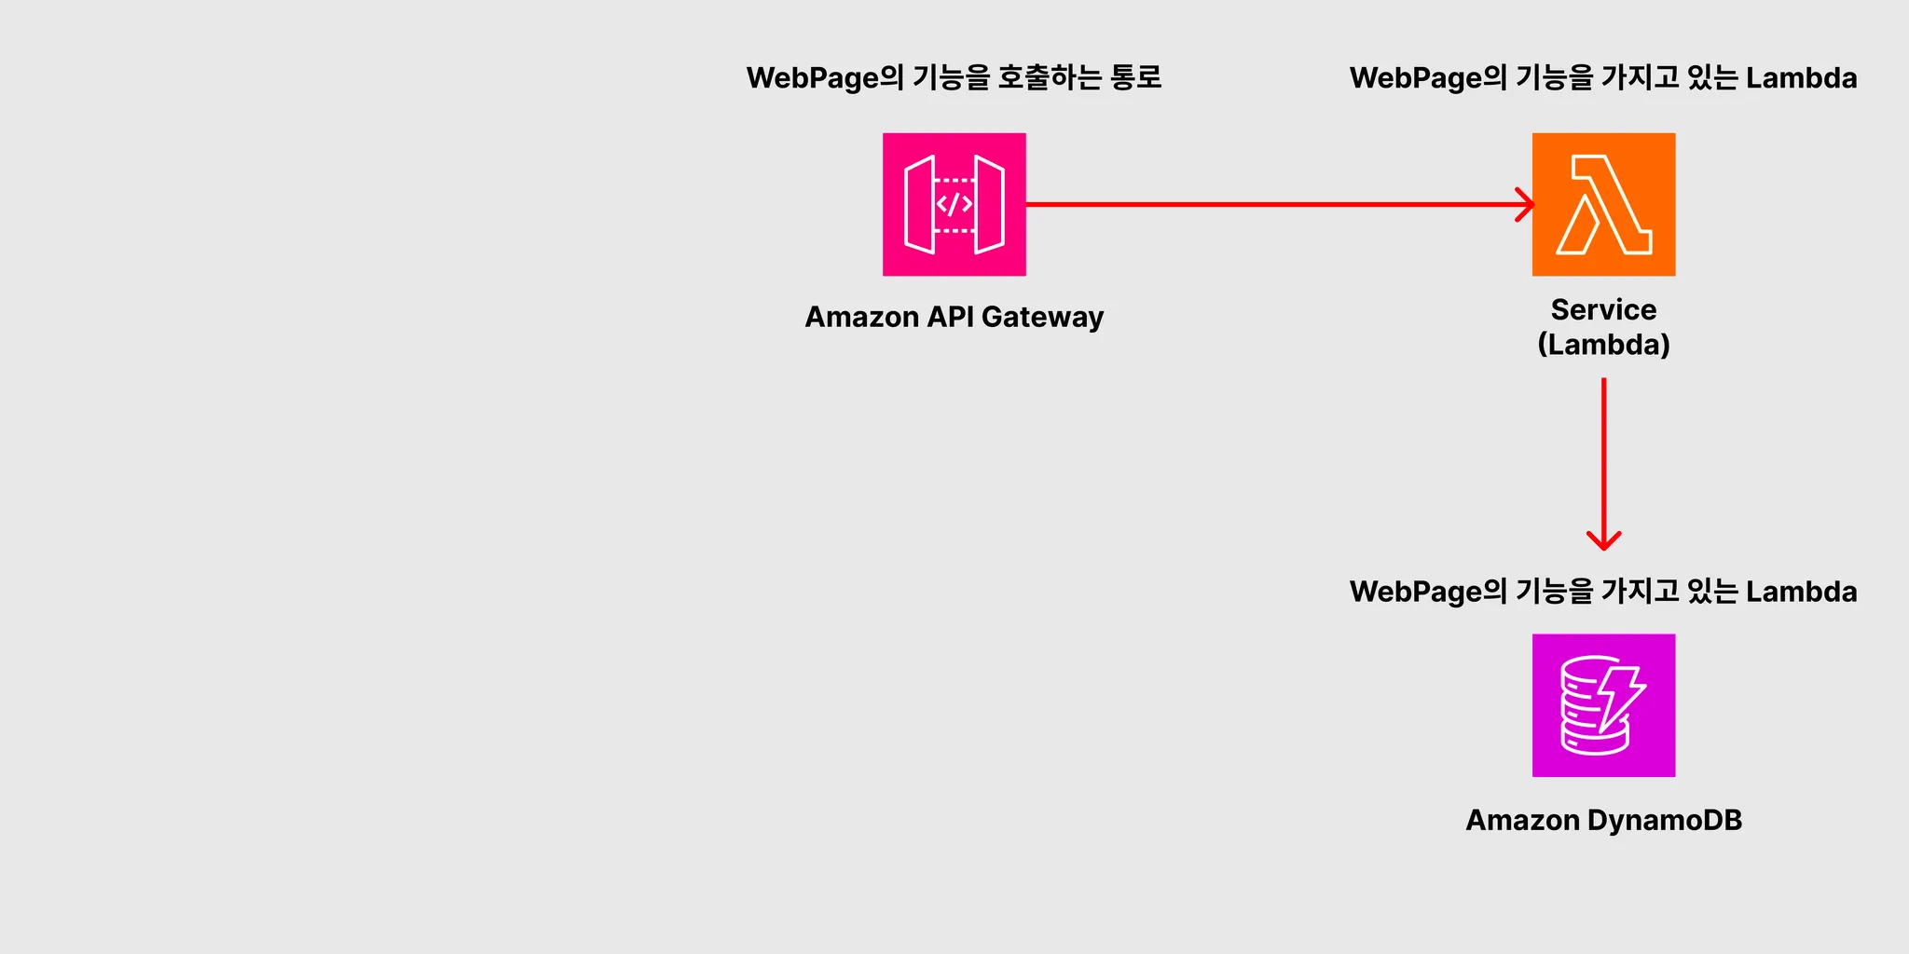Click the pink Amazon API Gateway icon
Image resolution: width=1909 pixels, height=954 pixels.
click(954, 204)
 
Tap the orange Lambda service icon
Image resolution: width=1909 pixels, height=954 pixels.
click(1603, 204)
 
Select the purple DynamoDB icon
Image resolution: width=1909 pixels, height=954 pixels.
click(1603, 705)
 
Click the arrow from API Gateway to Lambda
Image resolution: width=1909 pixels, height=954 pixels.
click(1277, 204)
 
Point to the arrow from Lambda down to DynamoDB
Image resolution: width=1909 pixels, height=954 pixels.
click(1603, 457)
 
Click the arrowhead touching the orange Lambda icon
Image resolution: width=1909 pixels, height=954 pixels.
click(1525, 204)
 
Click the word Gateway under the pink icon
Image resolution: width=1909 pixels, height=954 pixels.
click(1042, 318)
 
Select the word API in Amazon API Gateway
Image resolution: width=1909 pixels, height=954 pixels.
click(951, 317)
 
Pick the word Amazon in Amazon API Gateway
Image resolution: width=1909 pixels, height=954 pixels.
click(862, 317)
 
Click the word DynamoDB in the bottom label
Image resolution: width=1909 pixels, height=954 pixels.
click(1664, 820)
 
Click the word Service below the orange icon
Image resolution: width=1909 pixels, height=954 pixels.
click(1603, 309)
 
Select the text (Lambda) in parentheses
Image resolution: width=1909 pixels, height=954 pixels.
click(1603, 345)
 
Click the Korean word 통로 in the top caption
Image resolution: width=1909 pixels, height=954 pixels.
click(1135, 77)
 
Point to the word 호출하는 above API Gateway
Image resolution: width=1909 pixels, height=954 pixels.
click(1050, 77)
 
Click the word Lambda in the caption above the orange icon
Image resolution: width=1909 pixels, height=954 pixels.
click(1801, 78)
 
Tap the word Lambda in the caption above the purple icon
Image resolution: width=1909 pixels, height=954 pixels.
click(1801, 592)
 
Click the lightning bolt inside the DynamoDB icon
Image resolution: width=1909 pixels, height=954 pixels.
click(1619, 699)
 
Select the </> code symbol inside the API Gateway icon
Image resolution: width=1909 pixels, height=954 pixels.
click(954, 204)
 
